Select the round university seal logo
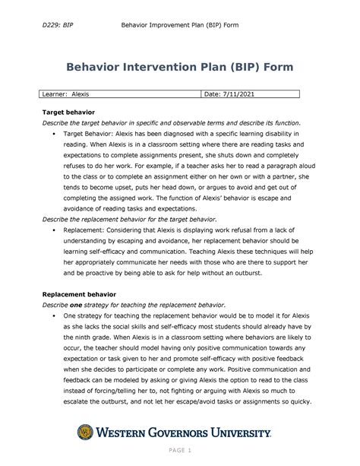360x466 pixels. pos(87,433)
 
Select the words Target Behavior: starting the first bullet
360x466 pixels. pos(92,132)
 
